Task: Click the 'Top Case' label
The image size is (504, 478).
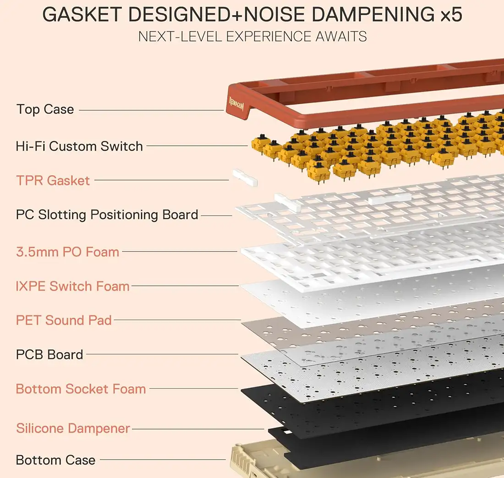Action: point(45,109)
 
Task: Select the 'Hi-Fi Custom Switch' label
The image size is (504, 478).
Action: point(79,147)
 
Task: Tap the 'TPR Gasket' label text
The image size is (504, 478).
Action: point(53,180)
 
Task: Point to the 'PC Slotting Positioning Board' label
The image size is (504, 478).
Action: point(107,215)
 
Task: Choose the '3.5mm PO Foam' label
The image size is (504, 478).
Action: point(67,252)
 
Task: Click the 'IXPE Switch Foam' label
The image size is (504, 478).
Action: point(72,287)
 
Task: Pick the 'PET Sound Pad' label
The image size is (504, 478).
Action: point(64,320)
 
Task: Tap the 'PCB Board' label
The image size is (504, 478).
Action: point(49,354)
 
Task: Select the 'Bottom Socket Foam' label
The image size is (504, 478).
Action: point(81,389)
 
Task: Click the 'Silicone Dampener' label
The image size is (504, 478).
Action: point(73,429)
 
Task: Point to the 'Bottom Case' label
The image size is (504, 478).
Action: point(55,460)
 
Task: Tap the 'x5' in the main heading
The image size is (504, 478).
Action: point(451,16)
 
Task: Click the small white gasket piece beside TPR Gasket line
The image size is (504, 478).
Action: point(245,178)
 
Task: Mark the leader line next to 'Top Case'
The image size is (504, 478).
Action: point(151,110)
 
